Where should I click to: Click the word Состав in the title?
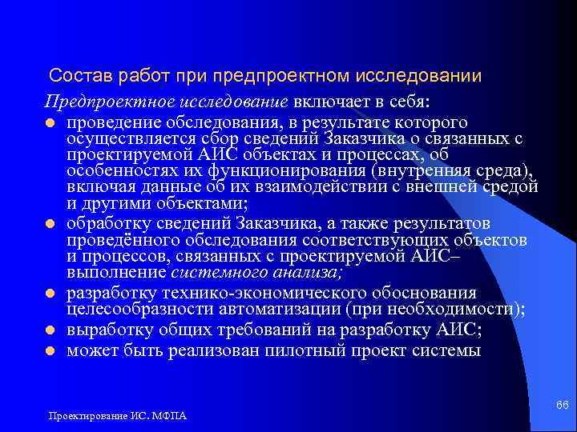coord(77,77)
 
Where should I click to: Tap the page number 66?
coord(563,406)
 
